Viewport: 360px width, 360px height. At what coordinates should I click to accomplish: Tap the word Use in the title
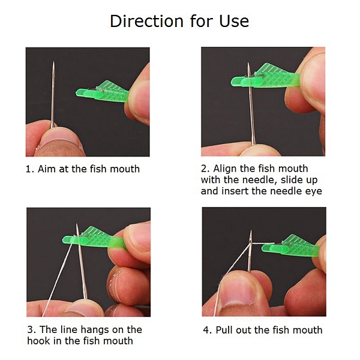pyautogui.click(x=234, y=21)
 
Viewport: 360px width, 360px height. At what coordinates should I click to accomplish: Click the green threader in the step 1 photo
pyautogui.click(x=103, y=92)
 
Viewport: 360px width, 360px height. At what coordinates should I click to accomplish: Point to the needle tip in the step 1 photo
pyautogui.click(x=54, y=62)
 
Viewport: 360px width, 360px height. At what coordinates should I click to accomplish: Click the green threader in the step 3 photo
pyautogui.click(x=94, y=238)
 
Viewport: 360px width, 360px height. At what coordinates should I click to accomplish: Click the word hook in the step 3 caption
pyautogui.click(x=38, y=341)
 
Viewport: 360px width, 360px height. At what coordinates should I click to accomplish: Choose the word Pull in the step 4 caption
pyautogui.click(x=224, y=330)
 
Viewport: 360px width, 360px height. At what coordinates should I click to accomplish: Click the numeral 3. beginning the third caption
pyautogui.click(x=32, y=330)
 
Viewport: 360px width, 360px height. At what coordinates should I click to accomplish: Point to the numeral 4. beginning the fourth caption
pyautogui.click(x=208, y=330)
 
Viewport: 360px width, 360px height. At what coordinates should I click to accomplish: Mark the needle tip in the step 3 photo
pyautogui.click(x=77, y=224)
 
